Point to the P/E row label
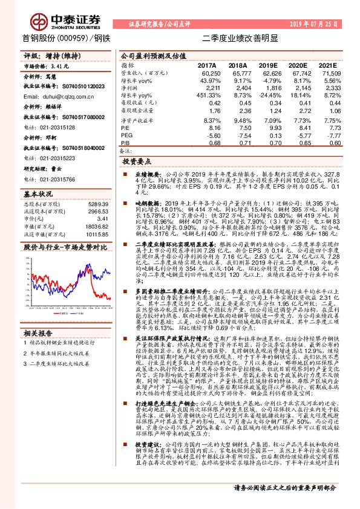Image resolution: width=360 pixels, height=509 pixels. [125, 128]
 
